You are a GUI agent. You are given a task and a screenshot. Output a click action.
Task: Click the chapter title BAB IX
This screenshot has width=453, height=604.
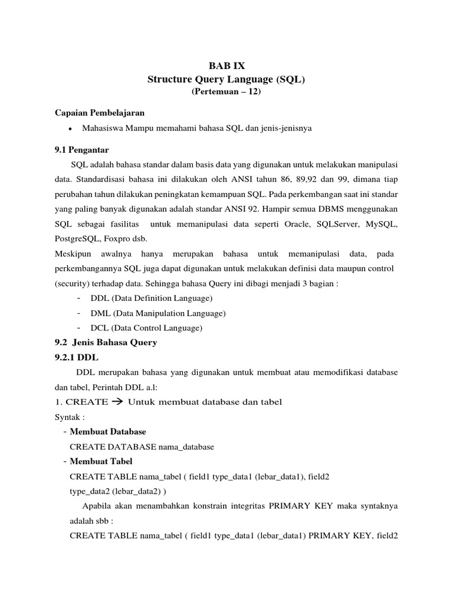point(226,67)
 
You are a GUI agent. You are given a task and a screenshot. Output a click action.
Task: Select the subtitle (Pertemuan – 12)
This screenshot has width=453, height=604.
point(226,92)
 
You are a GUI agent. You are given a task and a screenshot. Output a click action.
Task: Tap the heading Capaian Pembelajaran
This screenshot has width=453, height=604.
point(100,112)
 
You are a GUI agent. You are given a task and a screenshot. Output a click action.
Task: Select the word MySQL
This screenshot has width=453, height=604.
point(382,225)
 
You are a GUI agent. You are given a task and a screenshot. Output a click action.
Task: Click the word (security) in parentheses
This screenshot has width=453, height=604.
point(73,283)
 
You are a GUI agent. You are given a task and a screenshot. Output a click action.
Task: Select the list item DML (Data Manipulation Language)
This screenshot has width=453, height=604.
point(158,313)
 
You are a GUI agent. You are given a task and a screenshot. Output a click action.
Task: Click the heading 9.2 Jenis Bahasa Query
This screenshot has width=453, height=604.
point(106,343)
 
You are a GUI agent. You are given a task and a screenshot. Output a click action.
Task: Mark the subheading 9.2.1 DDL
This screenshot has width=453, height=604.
point(76,357)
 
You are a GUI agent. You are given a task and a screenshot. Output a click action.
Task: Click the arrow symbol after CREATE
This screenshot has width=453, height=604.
point(117,402)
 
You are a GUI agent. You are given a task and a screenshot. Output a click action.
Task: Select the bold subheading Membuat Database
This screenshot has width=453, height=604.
point(108,432)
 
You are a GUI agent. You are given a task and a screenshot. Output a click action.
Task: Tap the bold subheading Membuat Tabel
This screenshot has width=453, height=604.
point(101,461)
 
